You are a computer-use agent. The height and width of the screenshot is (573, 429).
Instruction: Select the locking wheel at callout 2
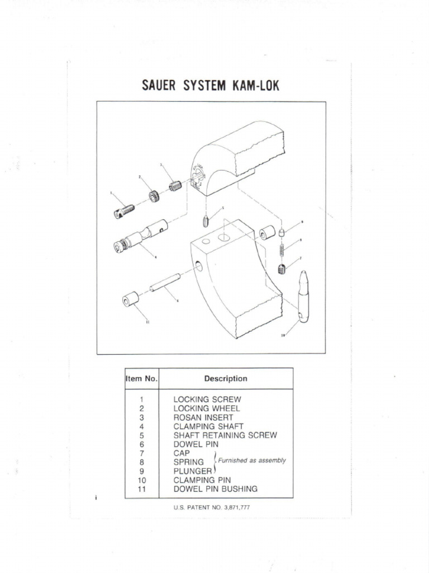pyautogui.click(x=153, y=196)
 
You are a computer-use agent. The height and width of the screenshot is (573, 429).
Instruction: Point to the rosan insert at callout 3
pyautogui.click(x=175, y=185)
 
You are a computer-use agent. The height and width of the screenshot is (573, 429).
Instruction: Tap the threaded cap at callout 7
pyautogui.click(x=282, y=269)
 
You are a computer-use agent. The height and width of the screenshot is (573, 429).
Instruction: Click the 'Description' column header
pyautogui.click(x=226, y=378)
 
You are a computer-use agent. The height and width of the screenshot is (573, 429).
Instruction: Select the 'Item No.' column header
pyautogui.click(x=142, y=378)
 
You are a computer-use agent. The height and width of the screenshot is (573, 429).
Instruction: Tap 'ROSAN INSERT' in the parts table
pyautogui.click(x=203, y=417)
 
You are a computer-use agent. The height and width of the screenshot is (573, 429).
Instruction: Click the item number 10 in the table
pyautogui.click(x=142, y=480)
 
